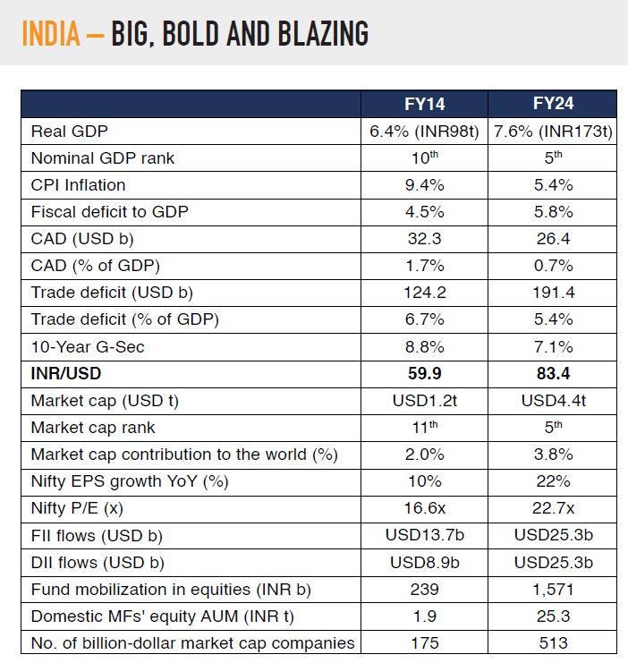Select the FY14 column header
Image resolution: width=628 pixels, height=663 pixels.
coord(424,104)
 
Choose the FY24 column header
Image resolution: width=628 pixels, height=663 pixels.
coord(553,104)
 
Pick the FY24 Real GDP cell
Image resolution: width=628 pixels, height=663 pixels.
coord(553,132)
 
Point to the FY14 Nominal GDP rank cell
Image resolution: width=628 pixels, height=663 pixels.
coord(424,157)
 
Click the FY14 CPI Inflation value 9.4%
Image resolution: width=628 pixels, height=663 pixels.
coord(424,185)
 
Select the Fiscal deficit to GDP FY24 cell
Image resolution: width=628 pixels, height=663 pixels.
coord(553,212)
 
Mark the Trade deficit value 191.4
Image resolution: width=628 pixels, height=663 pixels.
coord(553,293)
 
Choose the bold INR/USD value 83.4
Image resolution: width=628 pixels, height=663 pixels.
coord(553,373)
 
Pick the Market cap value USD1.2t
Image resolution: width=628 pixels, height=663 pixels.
coord(424,401)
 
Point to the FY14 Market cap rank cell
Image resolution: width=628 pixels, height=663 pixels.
coord(424,428)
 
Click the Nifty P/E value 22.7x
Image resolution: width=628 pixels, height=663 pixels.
coord(553,508)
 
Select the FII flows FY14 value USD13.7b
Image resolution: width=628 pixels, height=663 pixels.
coord(424,535)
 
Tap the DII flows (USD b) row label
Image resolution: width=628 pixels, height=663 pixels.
coord(98,563)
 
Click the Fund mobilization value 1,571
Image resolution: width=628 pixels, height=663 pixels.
coord(553,590)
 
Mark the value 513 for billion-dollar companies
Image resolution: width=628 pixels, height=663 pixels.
coord(553,643)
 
